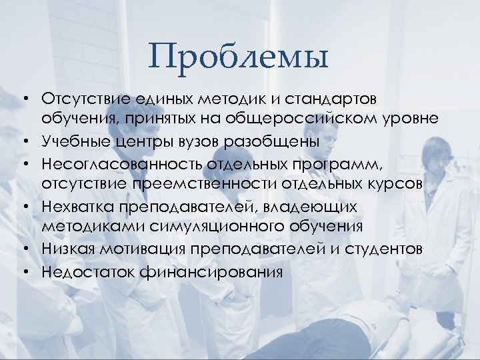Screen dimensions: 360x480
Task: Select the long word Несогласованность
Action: [118, 163]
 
